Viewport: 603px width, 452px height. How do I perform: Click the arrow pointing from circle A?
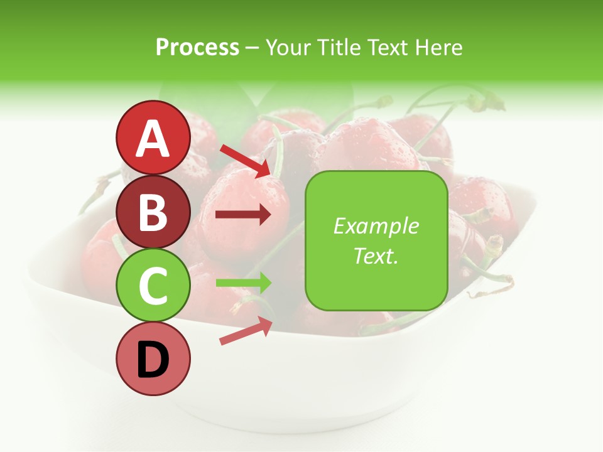(244, 160)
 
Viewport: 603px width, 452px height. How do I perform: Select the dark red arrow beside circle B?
(243, 215)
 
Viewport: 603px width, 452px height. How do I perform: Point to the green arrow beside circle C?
(243, 282)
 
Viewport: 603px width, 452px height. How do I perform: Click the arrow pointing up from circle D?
(246, 331)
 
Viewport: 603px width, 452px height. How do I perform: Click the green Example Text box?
(376, 240)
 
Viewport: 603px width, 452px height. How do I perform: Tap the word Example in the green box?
(376, 226)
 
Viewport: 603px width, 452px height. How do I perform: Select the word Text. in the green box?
(376, 256)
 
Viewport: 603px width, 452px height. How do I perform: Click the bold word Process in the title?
(197, 47)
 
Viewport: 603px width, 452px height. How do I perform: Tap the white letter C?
(153, 286)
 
